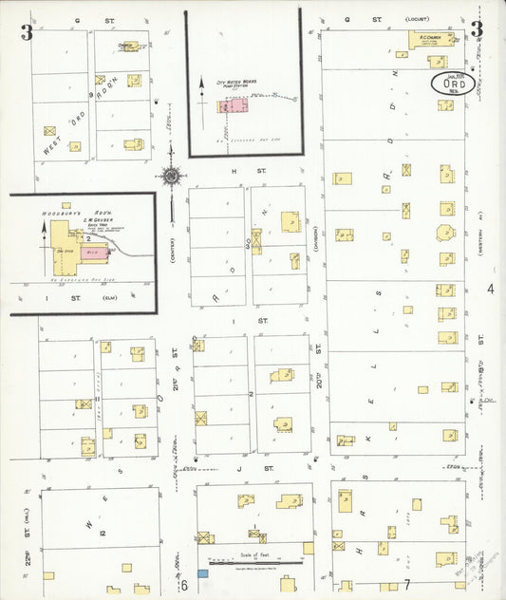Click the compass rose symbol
(x=171, y=175)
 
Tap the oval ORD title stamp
(x=453, y=83)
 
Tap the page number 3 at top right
(x=476, y=29)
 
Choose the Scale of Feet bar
(x=253, y=564)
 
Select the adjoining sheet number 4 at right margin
(x=492, y=289)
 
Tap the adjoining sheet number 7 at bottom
(x=406, y=584)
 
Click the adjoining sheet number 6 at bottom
(x=186, y=586)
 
